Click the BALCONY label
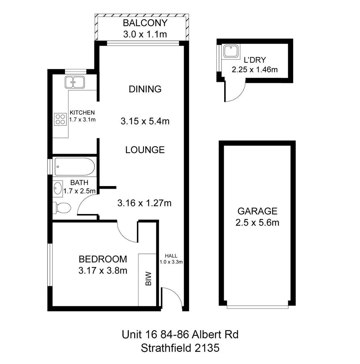click(145, 23)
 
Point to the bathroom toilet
click(62, 208)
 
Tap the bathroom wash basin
click(58, 188)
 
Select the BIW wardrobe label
click(148, 279)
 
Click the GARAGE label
click(257, 211)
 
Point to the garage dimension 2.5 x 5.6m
click(257, 222)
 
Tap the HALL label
click(171, 256)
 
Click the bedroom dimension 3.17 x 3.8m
click(103, 270)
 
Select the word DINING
click(145, 89)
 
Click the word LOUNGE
click(145, 150)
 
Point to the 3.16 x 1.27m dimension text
click(144, 203)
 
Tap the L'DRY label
click(254, 60)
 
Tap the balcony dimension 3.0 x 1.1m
click(145, 34)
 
